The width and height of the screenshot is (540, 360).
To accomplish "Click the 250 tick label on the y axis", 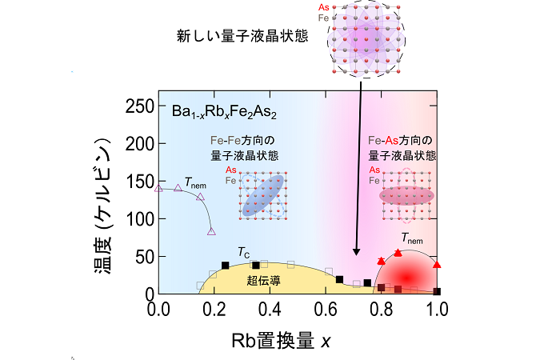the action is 139,106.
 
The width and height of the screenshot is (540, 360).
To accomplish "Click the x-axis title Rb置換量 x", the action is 281,341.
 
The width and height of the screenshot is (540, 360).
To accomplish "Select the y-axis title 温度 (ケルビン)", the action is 103,206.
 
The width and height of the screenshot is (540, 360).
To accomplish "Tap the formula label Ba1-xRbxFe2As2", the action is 224,112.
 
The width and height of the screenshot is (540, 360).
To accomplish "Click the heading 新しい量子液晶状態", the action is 242,36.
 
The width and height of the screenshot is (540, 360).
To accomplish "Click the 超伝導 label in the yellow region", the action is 263,281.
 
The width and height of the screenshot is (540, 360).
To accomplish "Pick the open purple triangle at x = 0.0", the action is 158,189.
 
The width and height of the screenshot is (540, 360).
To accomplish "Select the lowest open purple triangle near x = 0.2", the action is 211,231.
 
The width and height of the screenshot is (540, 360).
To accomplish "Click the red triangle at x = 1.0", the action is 437,265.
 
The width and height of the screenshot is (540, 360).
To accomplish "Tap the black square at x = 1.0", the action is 437,291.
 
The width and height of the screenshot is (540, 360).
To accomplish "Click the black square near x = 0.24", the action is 226,266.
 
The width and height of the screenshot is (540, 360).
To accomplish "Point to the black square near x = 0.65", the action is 339,279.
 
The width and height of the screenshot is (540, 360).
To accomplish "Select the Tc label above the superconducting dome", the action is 244,253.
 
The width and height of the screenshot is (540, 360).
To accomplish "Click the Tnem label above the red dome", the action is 412,238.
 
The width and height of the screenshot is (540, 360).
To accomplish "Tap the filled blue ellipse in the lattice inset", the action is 263,195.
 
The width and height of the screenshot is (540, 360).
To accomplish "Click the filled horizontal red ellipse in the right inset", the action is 406,196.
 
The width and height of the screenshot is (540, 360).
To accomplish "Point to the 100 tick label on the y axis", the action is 139,219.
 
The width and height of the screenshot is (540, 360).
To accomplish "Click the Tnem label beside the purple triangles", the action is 195,182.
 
